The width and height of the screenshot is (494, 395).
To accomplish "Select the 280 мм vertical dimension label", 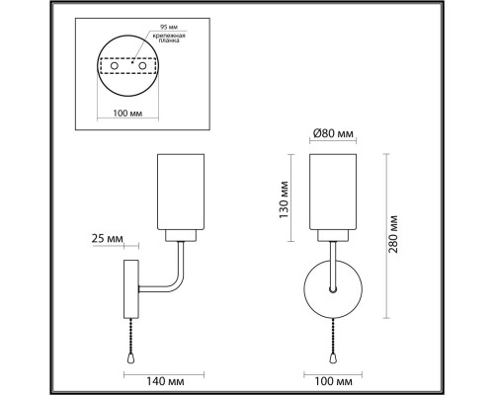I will point(393,235).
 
